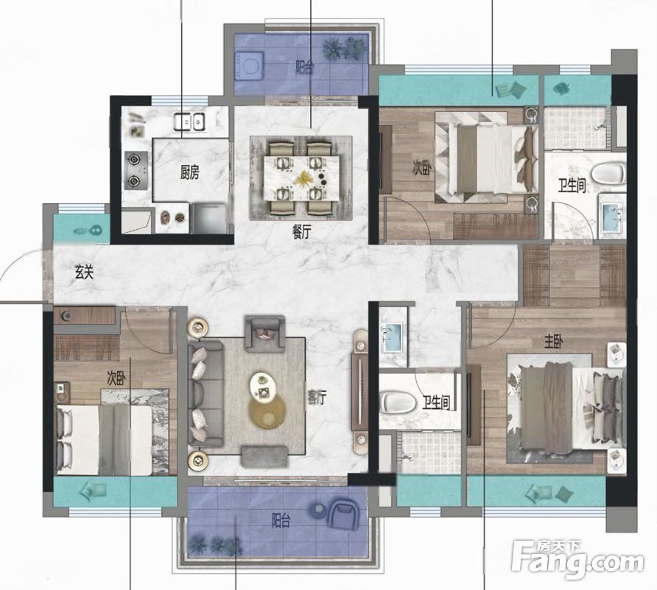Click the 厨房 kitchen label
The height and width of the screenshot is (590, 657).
click(x=189, y=172)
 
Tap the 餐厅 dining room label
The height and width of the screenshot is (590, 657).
click(x=301, y=233)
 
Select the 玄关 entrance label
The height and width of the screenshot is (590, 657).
click(x=84, y=273)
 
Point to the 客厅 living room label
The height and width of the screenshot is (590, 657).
click(x=317, y=398)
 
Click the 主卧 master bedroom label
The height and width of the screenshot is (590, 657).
click(x=553, y=343)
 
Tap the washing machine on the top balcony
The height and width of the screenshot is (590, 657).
click(x=250, y=66)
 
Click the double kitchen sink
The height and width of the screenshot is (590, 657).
click(x=189, y=122)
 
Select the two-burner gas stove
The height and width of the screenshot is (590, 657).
click(x=136, y=171)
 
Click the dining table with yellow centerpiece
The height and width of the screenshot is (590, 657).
click(x=301, y=178)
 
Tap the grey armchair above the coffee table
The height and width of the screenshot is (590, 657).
click(x=264, y=334)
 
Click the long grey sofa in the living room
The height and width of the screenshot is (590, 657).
click(x=205, y=393)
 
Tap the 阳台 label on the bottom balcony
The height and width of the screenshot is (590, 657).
click(x=281, y=521)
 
